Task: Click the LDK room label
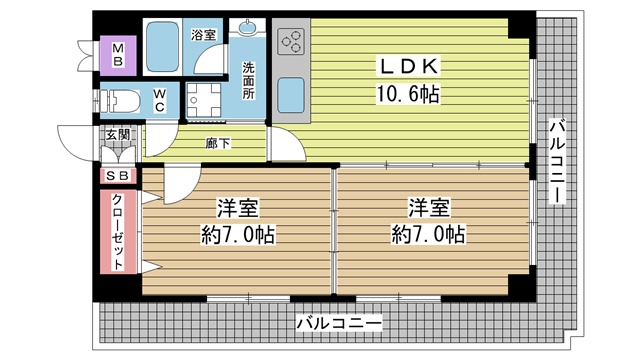[x=409, y=67]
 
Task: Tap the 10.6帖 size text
[x=407, y=95]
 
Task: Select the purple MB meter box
[x=118, y=56]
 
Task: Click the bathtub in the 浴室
[x=162, y=47]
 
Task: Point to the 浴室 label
[x=203, y=35]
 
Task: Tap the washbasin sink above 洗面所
[x=247, y=27]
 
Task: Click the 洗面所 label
[x=248, y=80]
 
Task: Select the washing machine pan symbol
[x=203, y=101]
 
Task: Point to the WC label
[x=160, y=100]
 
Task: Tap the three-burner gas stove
[x=291, y=41]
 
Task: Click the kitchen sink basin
[x=291, y=96]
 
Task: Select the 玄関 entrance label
[x=118, y=134]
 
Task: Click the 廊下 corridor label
[x=218, y=143]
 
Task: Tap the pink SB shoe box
[x=118, y=176]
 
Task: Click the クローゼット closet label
[x=118, y=231]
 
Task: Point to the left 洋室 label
[x=238, y=208]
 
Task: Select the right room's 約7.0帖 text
[x=428, y=235]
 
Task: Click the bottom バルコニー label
[x=339, y=324]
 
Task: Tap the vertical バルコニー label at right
[x=558, y=160]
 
